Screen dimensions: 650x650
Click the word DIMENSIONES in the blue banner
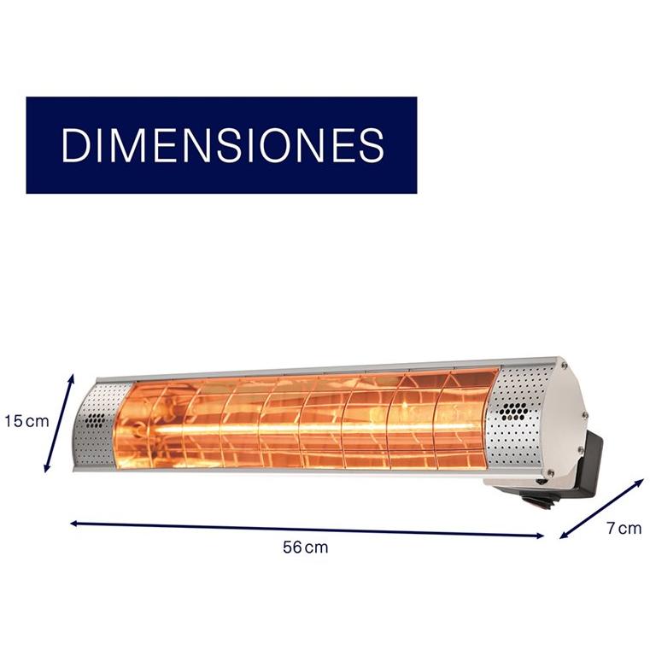(223, 144)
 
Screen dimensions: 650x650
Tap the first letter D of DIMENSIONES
(75, 144)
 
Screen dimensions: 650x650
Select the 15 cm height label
(26, 421)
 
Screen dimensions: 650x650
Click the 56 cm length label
(306, 548)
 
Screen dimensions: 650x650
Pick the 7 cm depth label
(624, 528)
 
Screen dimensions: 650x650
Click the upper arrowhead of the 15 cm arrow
(71, 378)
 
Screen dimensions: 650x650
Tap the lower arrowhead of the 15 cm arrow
(46, 467)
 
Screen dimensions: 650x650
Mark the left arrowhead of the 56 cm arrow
(74, 523)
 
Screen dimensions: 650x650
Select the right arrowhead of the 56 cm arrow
(540, 536)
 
